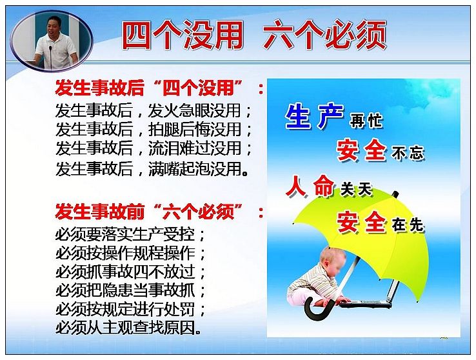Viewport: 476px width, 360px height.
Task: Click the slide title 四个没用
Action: click(x=183, y=35)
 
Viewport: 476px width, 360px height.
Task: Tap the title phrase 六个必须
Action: click(x=325, y=35)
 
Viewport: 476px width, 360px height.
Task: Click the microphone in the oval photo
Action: click(x=50, y=56)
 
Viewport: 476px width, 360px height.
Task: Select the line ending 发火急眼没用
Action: click(x=154, y=110)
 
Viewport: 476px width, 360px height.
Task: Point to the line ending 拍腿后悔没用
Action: click(x=154, y=129)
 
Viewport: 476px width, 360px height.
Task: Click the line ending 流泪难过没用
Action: click(x=154, y=148)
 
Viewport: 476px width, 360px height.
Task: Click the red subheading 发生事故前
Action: click(x=100, y=211)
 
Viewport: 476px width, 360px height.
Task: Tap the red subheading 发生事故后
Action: click(x=100, y=88)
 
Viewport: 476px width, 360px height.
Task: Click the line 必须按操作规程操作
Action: click(x=130, y=253)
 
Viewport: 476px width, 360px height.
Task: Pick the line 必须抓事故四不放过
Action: click(x=130, y=272)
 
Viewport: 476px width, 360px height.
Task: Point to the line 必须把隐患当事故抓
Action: click(x=130, y=290)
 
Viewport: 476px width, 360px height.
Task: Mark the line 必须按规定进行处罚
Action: click(x=130, y=309)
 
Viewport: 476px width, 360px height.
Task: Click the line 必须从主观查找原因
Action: click(x=128, y=328)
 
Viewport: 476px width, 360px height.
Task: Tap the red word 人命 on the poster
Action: click(x=310, y=186)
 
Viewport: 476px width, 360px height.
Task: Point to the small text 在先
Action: click(x=408, y=225)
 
